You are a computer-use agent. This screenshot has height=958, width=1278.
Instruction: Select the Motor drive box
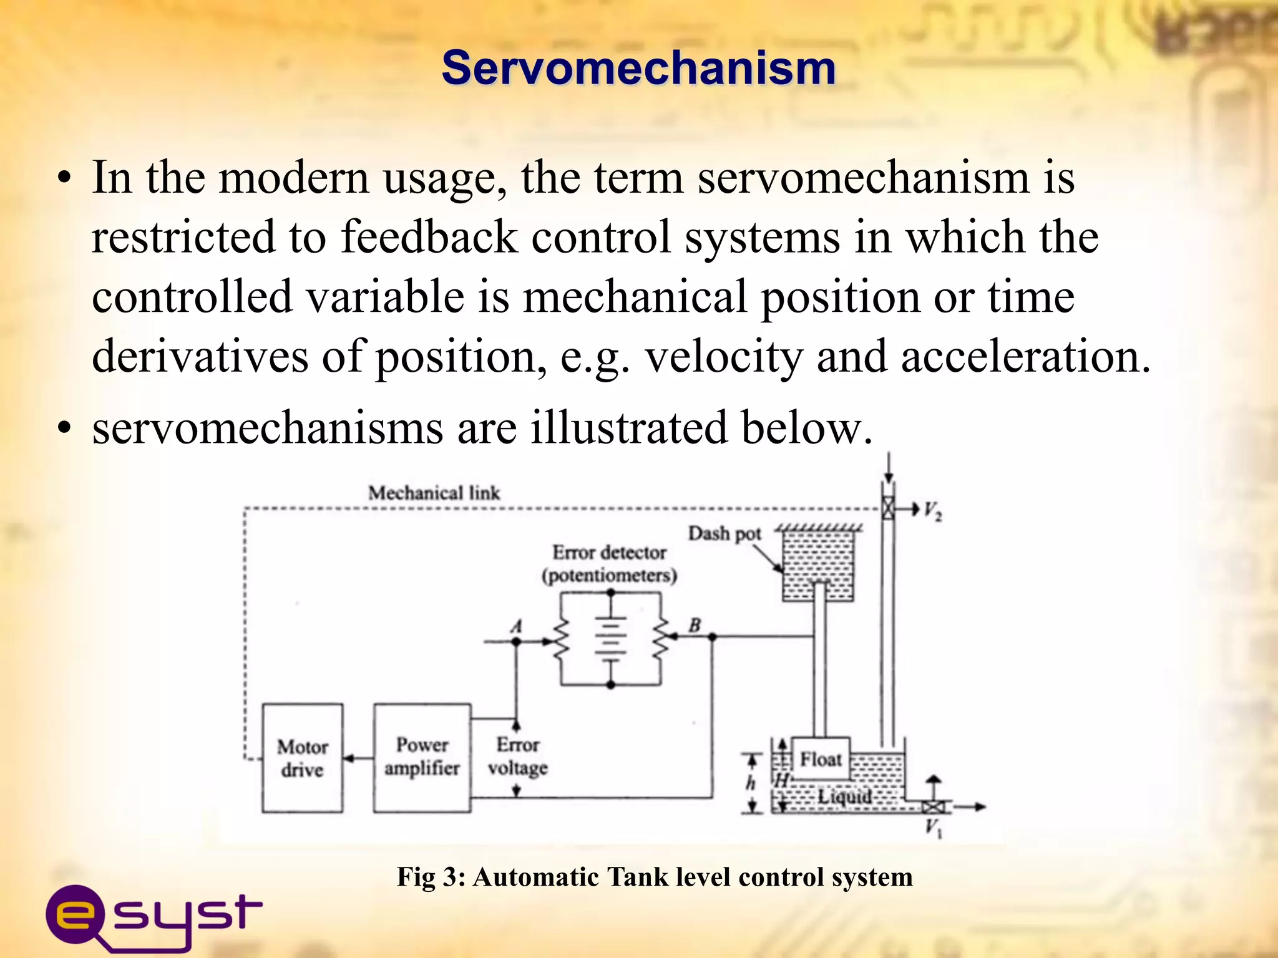(303, 758)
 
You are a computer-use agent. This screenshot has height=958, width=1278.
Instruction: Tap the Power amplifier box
(422, 757)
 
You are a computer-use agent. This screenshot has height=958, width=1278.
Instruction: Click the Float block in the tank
(821, 759)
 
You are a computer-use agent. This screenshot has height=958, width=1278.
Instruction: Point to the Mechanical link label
(434, 493)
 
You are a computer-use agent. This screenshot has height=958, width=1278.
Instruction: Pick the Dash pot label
(724, 534)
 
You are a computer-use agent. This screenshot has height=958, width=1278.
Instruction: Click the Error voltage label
(518, 757)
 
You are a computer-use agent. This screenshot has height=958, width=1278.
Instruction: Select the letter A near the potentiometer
(516, 626)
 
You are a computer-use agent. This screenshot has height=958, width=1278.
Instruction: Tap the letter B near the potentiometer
(695, 625)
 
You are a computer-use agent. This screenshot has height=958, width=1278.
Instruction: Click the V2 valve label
(933, 511)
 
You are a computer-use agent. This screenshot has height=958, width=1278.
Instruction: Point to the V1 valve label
(933, 828)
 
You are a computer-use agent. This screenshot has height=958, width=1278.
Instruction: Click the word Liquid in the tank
(845, 796)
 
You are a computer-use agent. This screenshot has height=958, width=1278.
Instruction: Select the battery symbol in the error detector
(611, 637)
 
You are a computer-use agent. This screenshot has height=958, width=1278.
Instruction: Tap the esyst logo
(153, 916)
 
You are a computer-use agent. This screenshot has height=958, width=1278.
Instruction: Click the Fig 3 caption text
(655, 877)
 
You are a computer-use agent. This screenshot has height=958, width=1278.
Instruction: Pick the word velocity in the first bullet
(723, 357)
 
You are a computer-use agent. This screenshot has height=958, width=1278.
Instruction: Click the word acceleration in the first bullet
(1025, 357)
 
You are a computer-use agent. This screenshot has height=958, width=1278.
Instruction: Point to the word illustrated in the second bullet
(629, 428)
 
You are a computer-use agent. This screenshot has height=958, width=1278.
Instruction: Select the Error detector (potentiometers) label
(610, 564)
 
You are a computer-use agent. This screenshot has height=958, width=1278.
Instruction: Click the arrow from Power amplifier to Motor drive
(358, 758)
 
